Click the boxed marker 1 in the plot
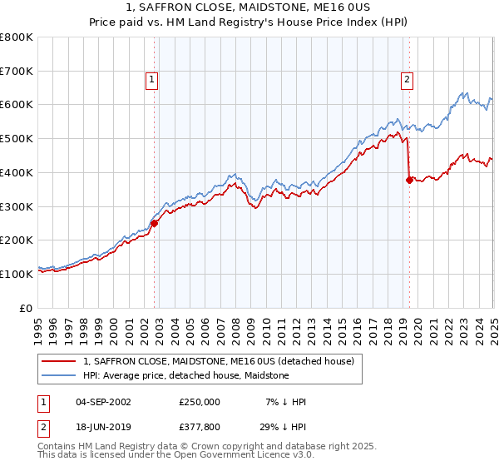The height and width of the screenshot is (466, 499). (153, 80)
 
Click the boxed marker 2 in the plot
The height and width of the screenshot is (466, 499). (408, 80)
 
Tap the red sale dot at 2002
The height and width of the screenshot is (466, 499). (155, 222)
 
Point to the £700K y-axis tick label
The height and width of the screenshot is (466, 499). (17, 72)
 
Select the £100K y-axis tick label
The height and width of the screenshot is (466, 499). (17, 274)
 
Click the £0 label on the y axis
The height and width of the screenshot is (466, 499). (27, 308)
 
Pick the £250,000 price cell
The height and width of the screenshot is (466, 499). (200, 401)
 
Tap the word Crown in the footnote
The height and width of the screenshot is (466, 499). (208, 446)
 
